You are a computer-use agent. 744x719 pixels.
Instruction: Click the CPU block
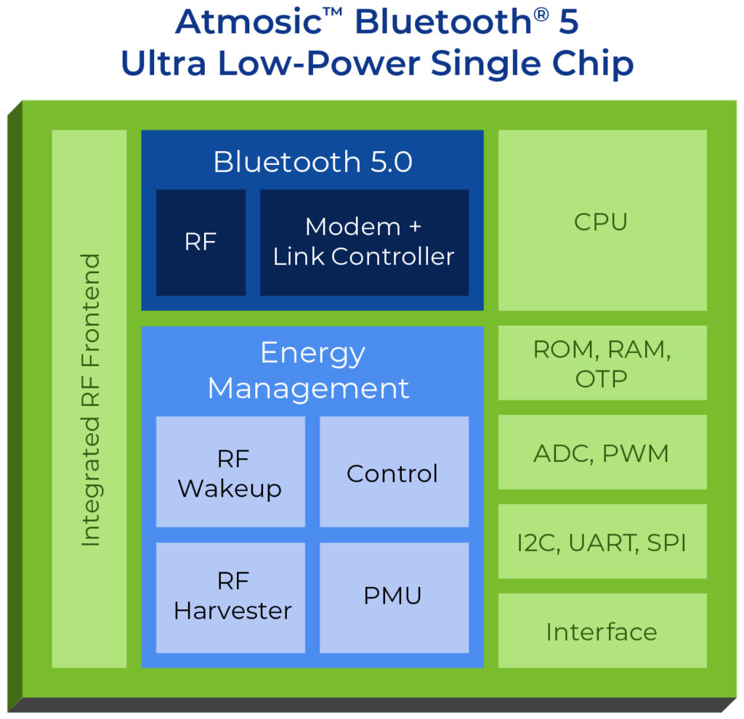[x=602, y=221]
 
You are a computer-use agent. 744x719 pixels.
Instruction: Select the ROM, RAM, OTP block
[x=602, y=363]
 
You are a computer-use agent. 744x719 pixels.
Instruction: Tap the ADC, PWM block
[x=602, y=452]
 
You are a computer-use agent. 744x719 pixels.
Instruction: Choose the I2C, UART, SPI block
[x=602, y=542]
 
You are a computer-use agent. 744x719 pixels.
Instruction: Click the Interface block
[x=602, y=631]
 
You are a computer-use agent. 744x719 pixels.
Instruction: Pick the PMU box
[x=393, y=597]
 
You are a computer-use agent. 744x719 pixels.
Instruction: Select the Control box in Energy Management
[x=393, y=473]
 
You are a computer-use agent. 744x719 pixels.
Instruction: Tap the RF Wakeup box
[x=230, y=473]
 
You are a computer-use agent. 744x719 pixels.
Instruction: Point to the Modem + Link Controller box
[x=364, y=242]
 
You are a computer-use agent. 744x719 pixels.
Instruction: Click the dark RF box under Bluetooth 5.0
[x=201, y=242]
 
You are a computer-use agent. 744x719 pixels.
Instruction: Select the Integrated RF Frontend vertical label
[x=89, y=399]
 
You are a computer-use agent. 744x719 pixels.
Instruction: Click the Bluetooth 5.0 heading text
[x=312, y=162]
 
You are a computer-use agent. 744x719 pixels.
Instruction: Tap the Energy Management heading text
[x=308, y=370]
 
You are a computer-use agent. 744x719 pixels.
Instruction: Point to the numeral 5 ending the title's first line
[x=569, y=23]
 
